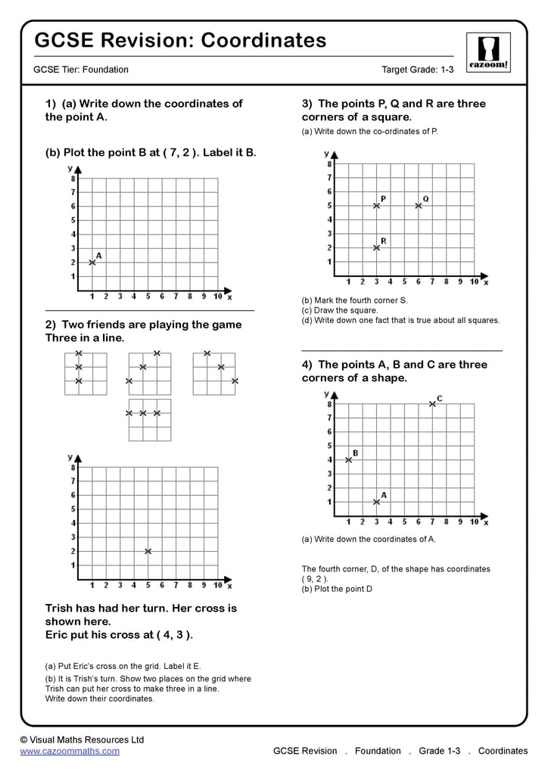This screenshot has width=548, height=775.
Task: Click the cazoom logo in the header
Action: point(488,51)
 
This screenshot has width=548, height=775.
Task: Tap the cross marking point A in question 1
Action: point(92,262)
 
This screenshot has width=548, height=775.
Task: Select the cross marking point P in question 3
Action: point(376,205)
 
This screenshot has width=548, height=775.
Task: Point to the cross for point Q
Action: point(418,205)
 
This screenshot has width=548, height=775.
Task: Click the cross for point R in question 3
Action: point(376,247)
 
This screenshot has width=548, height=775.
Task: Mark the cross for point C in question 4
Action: point(432,403)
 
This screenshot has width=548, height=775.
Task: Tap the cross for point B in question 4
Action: point(348,459)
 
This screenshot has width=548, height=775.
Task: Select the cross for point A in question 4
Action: point(376,502)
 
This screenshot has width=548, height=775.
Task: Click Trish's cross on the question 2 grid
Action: point(148,551)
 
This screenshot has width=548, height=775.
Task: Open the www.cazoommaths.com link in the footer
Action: point(70,752)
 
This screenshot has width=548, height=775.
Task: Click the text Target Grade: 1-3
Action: point(417,70)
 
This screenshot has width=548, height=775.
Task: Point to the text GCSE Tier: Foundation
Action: point(81,70)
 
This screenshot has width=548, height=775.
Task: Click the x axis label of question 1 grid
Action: point(229,297)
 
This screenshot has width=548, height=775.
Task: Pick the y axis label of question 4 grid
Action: point(326,394)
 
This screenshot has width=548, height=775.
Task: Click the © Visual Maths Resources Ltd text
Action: point(82,739)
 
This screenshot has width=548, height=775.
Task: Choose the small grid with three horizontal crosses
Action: point(149,420)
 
